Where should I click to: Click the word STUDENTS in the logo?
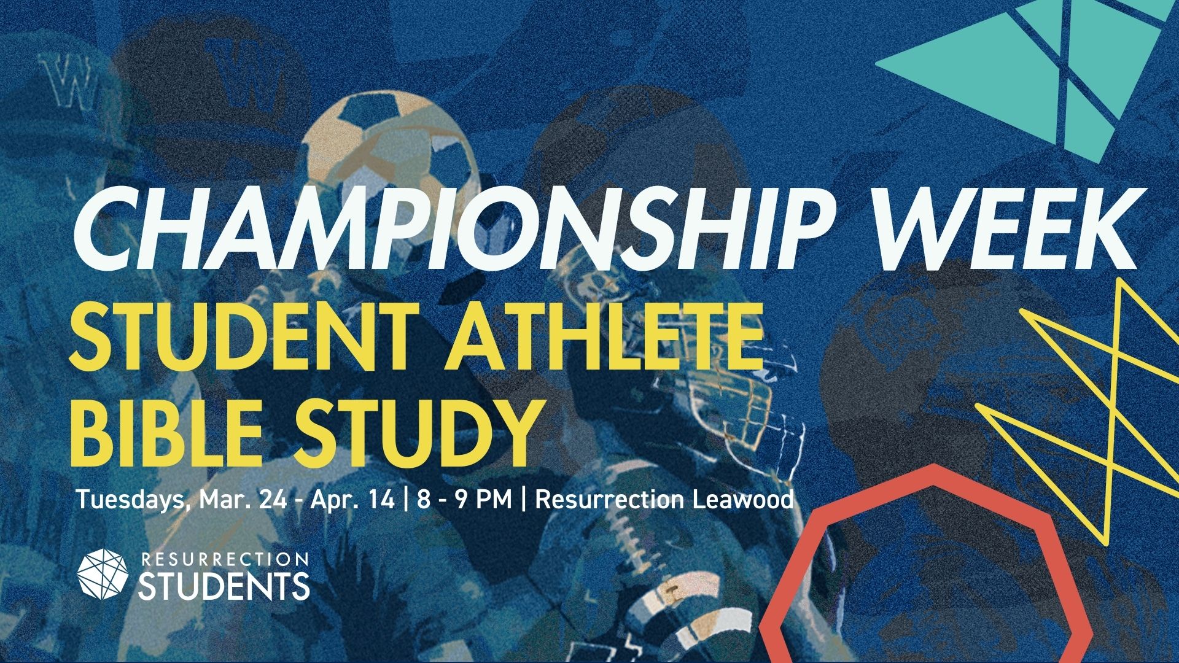pos(224,587)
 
